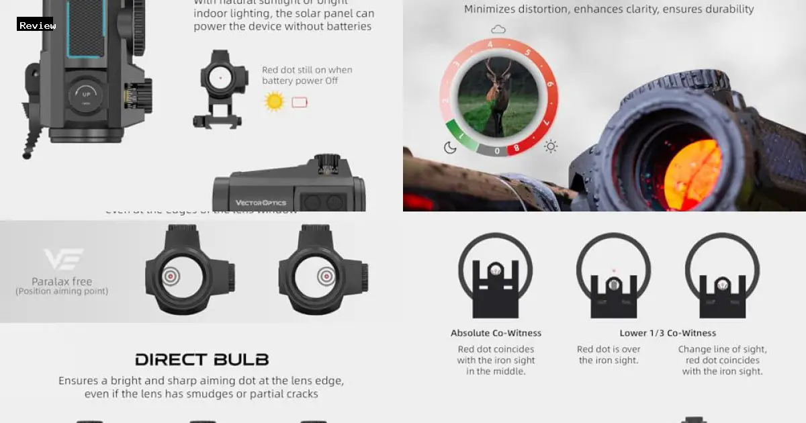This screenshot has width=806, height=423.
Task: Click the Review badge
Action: [x=37, y=25]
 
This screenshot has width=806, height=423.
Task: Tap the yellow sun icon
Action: [x=275, y=102]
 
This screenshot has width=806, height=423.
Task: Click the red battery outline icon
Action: [x=300, y=102]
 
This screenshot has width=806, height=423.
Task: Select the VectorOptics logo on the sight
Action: [x=261, y=202]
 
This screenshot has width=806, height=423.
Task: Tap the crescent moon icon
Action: [x=450, y=148]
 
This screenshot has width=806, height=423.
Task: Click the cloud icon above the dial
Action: [x=498, y=30]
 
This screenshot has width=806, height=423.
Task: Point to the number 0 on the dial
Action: [x=497, y=151]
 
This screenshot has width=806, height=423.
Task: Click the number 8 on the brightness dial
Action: [x=515, y=147]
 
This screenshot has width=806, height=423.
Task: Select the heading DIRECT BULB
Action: [x=201, y=359]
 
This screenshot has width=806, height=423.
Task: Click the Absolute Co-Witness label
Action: [x=496, y=333]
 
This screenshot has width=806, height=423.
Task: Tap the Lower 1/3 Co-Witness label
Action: [x=668, y=333]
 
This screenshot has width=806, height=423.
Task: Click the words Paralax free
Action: [x=62, y=281]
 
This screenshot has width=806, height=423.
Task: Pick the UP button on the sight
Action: [x=86, y=95]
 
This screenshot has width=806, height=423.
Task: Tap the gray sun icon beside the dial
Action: [x=551, y=146]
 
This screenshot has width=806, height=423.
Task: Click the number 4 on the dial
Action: [x=490, y=45]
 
